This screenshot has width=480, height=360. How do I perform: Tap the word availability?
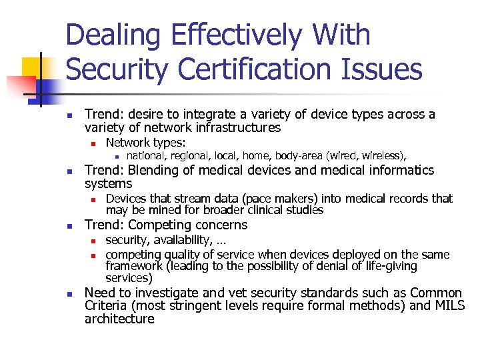176,241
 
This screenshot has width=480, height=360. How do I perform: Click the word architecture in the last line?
119,319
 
